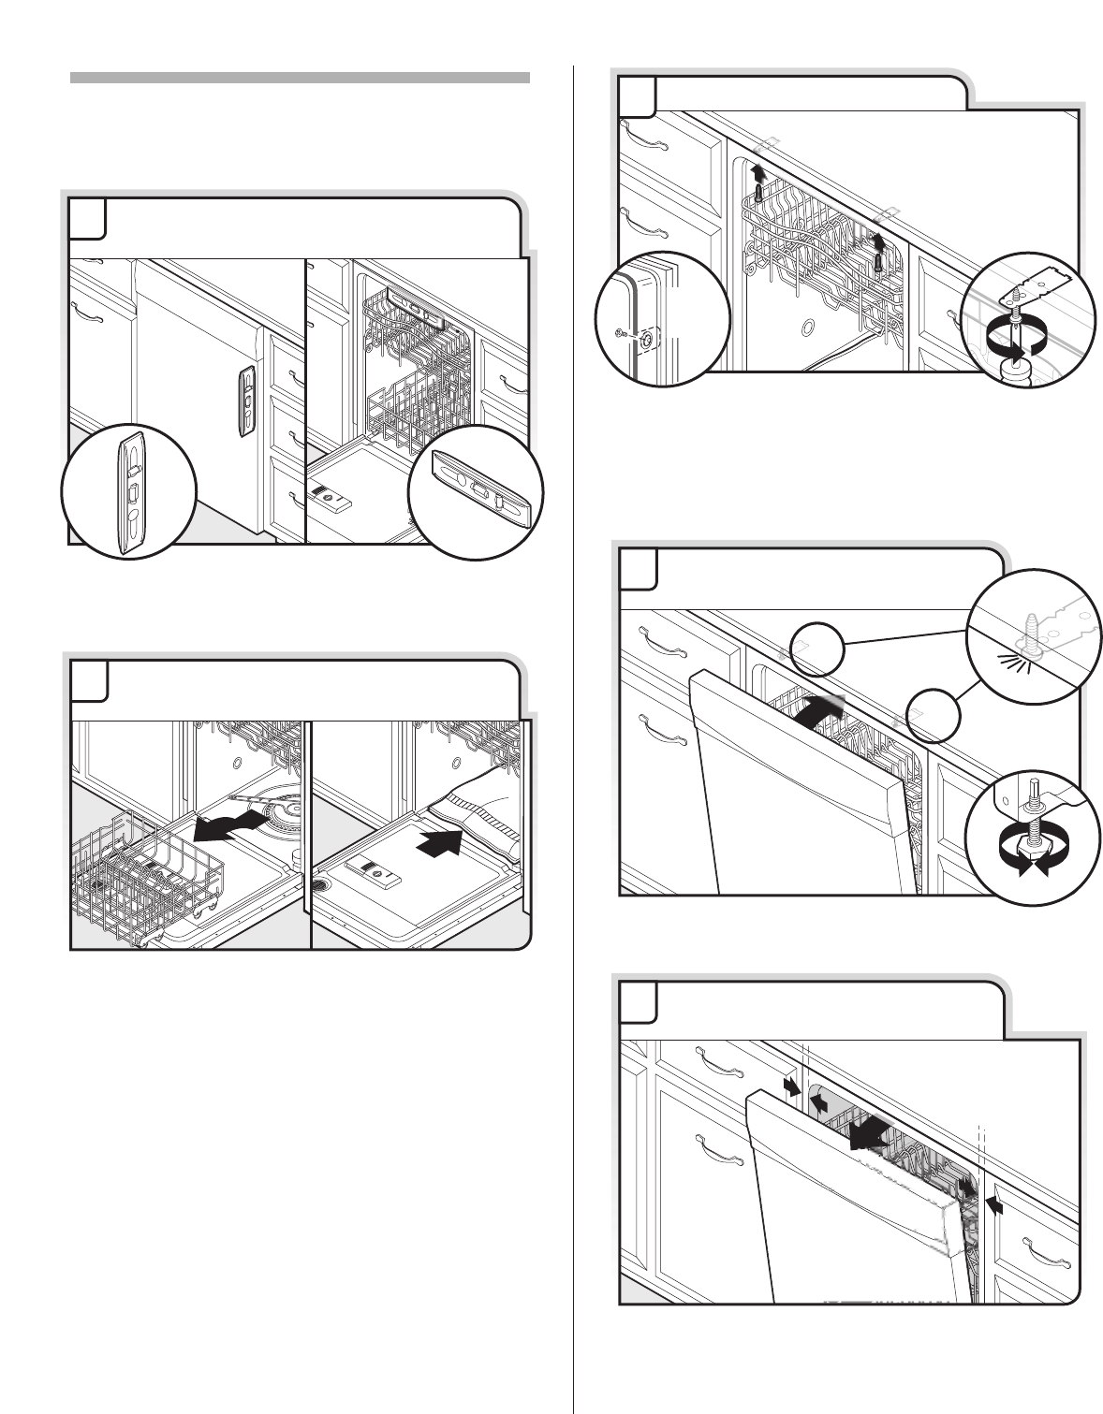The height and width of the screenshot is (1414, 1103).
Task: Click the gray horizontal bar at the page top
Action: click(x=300, y=77)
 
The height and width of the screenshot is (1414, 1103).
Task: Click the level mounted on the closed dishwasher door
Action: click(x=246, y=401)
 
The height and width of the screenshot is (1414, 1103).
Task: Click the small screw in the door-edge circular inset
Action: click(x=629, y=334)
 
